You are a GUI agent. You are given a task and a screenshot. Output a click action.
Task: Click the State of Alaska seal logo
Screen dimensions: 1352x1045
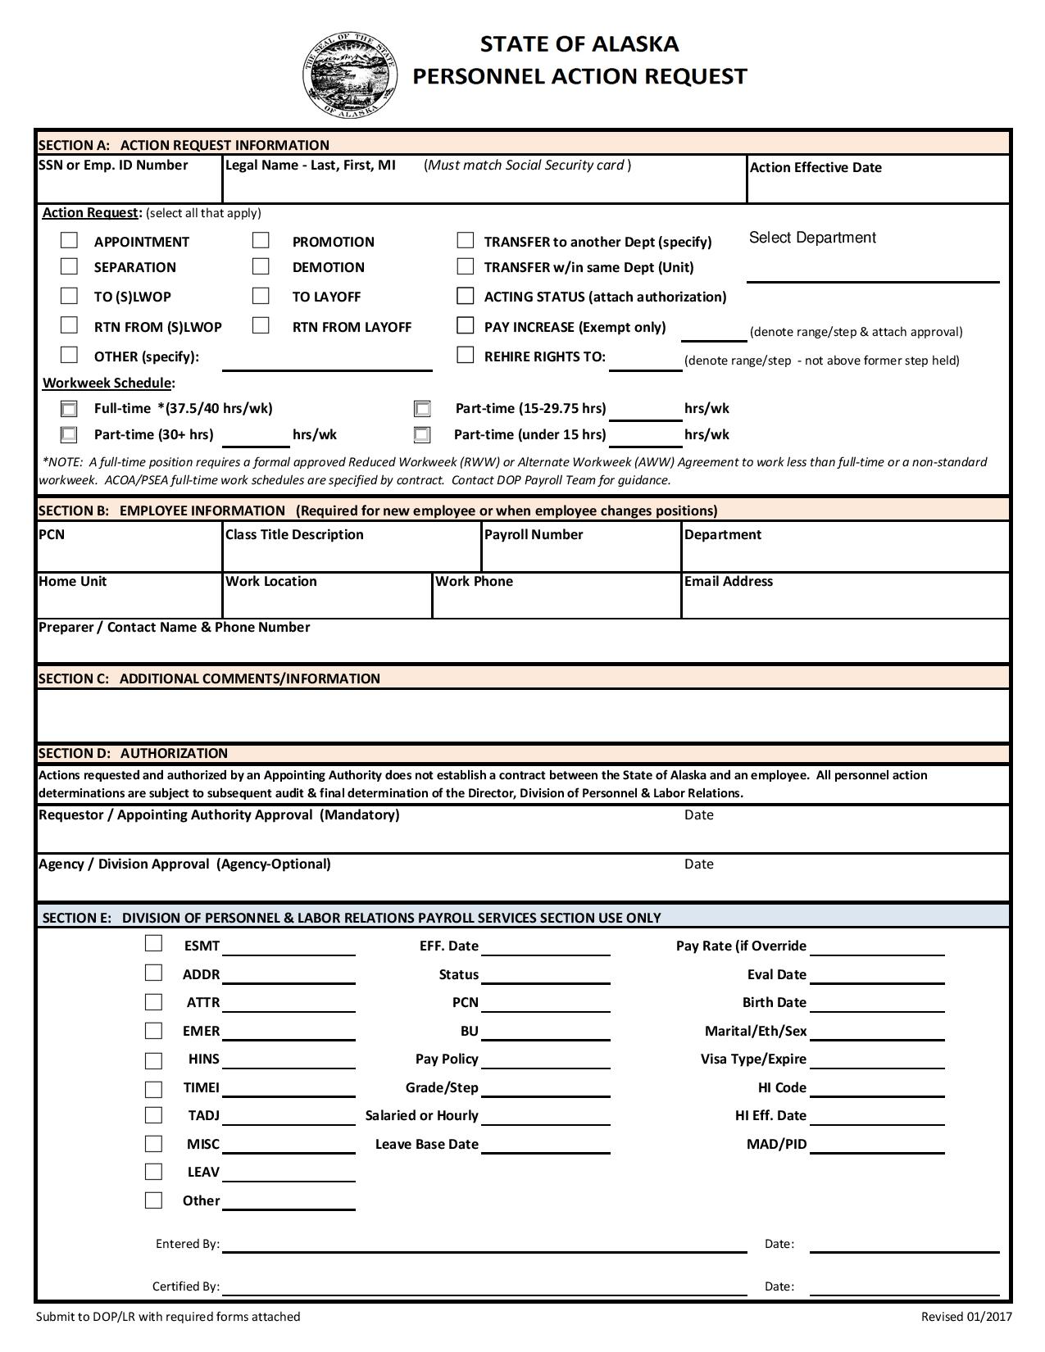tap(350, 75)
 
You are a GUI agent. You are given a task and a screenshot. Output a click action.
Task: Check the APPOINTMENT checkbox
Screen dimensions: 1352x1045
tap(70, 240)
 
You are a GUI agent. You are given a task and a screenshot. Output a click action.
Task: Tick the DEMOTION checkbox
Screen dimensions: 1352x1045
tap(261, 266)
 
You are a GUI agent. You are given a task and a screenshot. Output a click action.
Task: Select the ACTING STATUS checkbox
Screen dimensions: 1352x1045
tap(466, 296)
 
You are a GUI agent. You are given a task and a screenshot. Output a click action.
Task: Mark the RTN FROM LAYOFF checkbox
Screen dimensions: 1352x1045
tap(261, 325)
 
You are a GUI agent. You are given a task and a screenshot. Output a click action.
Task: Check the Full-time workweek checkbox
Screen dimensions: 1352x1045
tap(70, 409)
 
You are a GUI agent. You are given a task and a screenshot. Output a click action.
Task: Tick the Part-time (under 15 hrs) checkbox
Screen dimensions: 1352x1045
tap(422, 434)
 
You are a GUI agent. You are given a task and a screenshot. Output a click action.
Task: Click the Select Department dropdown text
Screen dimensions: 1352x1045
tap(811, 238)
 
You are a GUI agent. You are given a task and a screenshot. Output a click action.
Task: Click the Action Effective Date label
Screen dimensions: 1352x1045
tap(816, 167)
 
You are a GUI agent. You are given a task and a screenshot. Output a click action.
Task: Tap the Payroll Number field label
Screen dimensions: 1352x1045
tap(534, 534)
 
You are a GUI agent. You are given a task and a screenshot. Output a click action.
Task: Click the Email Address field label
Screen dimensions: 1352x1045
tap(728, 581)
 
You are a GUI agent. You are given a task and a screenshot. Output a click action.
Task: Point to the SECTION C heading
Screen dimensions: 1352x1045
tap(209, 678)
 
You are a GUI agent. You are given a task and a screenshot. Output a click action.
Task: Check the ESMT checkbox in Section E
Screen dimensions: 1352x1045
tap(153, 944)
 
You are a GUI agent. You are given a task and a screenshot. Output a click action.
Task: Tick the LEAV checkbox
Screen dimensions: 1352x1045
tap(153, 1171)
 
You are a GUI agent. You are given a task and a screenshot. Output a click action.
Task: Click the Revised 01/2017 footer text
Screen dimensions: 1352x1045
tap(966, 1317)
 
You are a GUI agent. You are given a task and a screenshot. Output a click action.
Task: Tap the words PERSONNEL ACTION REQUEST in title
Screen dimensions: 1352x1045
tap(579, 76)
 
